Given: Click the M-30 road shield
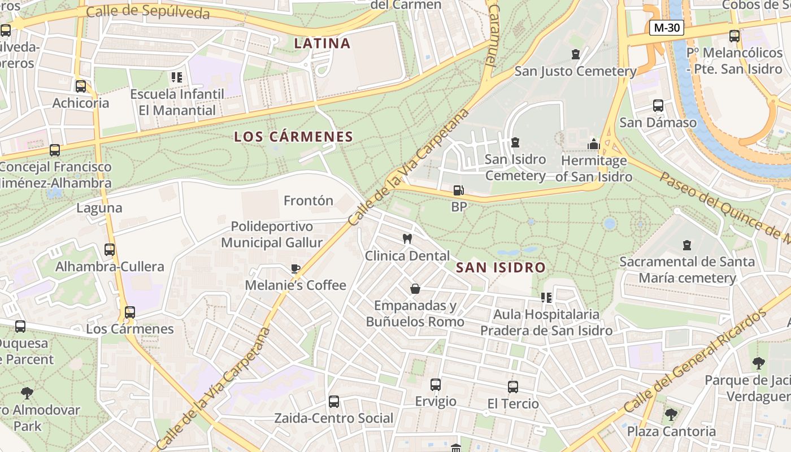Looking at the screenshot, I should pyautogui.click(x=667, y=27).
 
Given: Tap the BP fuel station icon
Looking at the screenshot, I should pyautogui.click(x=459, y=190).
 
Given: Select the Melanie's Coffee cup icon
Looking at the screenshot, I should pyautogui.click(x=295, y=268).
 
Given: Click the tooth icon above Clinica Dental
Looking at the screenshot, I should pyautogui.click(x=406, y=239).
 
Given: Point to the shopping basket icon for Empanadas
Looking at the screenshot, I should pyautogui.click(x=415, y=289).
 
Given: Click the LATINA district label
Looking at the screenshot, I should pyautogui.click(x=322, y=43).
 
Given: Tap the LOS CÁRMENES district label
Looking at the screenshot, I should pyautogui.click(x=293, y=137).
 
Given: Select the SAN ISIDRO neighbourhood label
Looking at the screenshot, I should pyautogui.click(x=501, y=268).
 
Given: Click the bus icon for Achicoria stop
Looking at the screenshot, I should pyautogui.click(x=81, y=86).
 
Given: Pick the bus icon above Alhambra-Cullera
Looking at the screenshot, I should pyautogui.click(x=110, y=250).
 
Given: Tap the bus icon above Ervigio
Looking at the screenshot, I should pyautogui.click(x=435, y=385).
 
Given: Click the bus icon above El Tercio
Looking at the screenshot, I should pyautogui.click(x=512, y=387).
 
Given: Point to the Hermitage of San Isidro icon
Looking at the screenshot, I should pyautogui.click(x=593, y=144).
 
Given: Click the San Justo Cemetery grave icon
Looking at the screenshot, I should pyautogui.click(x=575, y=54).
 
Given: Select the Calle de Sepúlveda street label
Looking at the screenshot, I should pyautogui.click(x=148, y=12).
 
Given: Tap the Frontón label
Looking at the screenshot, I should pyautogui.click(x=308, y=201).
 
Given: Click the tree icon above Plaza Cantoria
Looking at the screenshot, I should pyautogui.click(x=671, y=415).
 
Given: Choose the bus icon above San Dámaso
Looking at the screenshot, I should pyautogui.click(x=658, y=106).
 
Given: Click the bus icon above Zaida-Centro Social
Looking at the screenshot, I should pyautogui.click(x=334, y=402).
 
